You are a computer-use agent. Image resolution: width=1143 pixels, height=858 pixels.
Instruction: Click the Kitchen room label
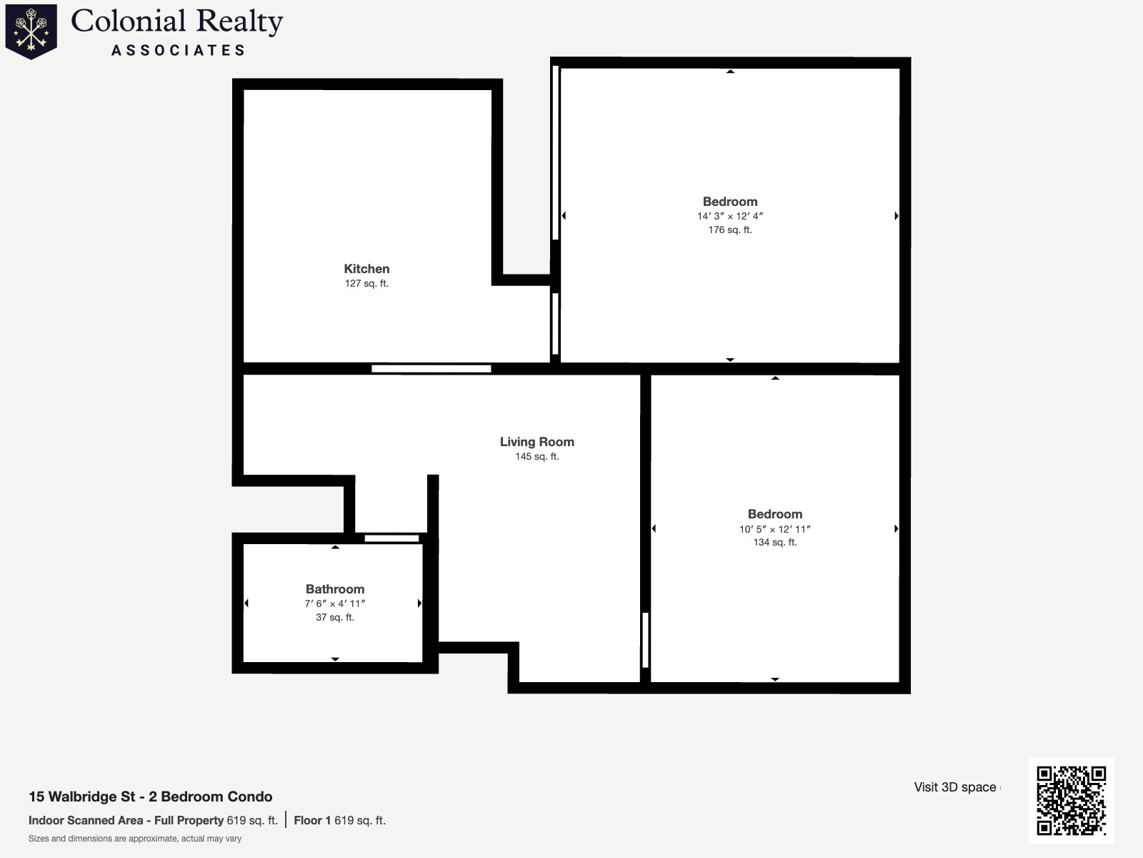point(366,269)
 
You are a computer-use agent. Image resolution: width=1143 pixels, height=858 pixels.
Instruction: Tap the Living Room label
point(536,442)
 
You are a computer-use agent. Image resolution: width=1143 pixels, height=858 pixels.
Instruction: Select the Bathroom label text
point(335,589)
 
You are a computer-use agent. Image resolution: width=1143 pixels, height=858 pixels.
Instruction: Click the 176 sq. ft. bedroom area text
point(729,230)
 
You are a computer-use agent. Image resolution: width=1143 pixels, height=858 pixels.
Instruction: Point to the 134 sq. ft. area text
point(774,542)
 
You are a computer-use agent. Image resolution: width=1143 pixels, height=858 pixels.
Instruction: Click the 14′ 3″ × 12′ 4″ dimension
point(729,216)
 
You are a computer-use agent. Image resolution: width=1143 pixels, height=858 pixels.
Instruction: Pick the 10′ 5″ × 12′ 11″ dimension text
point(774,529)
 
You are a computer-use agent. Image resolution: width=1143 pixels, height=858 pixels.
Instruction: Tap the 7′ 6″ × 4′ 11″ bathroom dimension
point(335,603)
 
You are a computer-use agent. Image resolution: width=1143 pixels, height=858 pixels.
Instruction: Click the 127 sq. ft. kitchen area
point(366,283)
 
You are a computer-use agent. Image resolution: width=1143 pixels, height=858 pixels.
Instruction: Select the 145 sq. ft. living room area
point(536,456)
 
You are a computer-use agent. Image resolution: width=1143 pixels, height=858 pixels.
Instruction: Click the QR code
point(1071,800)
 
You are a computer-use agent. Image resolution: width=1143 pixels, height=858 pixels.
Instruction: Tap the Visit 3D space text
point(955,787)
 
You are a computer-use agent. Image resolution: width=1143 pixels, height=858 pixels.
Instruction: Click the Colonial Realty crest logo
point(31,31)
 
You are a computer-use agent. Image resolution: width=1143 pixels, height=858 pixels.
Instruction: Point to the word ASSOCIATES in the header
point(179,51)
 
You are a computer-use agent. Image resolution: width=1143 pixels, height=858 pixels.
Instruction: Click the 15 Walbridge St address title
point(150,797)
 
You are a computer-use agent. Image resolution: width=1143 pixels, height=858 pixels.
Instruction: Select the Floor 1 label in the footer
point(312,820)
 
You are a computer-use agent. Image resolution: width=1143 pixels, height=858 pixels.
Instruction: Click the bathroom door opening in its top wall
point(391,538)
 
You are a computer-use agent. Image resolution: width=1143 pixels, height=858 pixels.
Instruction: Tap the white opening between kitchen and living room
point(431,369)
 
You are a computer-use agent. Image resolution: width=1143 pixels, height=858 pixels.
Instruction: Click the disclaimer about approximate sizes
point(135,839)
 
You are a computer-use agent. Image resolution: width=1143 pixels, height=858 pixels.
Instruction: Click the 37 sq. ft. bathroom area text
point(335,617)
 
